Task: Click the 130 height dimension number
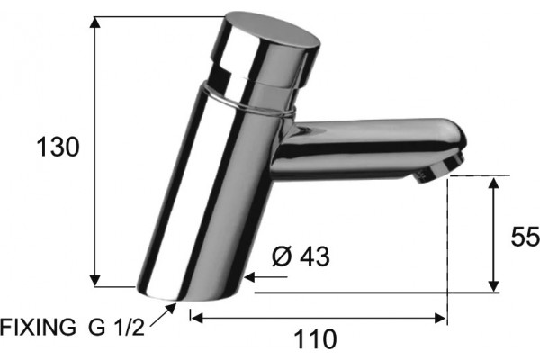(58, 147)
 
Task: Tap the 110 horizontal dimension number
(315, 339)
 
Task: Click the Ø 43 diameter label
(301, 256)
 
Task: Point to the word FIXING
(38, 327)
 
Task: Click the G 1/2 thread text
(116, 327)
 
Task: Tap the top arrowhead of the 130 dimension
(95, 22)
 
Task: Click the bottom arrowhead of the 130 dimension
(95, 281)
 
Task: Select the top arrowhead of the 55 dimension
(494, 183)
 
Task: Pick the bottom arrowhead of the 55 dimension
(494, 286)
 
